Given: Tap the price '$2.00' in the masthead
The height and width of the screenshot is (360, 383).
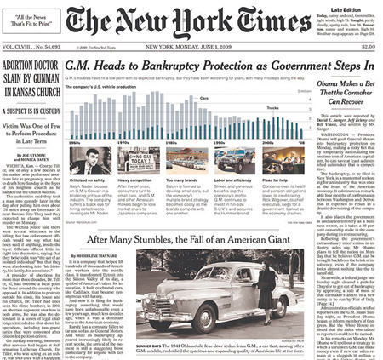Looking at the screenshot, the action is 367,47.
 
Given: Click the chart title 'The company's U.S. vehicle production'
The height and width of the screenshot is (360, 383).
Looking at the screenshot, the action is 107,88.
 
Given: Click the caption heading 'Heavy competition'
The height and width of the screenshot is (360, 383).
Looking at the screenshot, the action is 137,180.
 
